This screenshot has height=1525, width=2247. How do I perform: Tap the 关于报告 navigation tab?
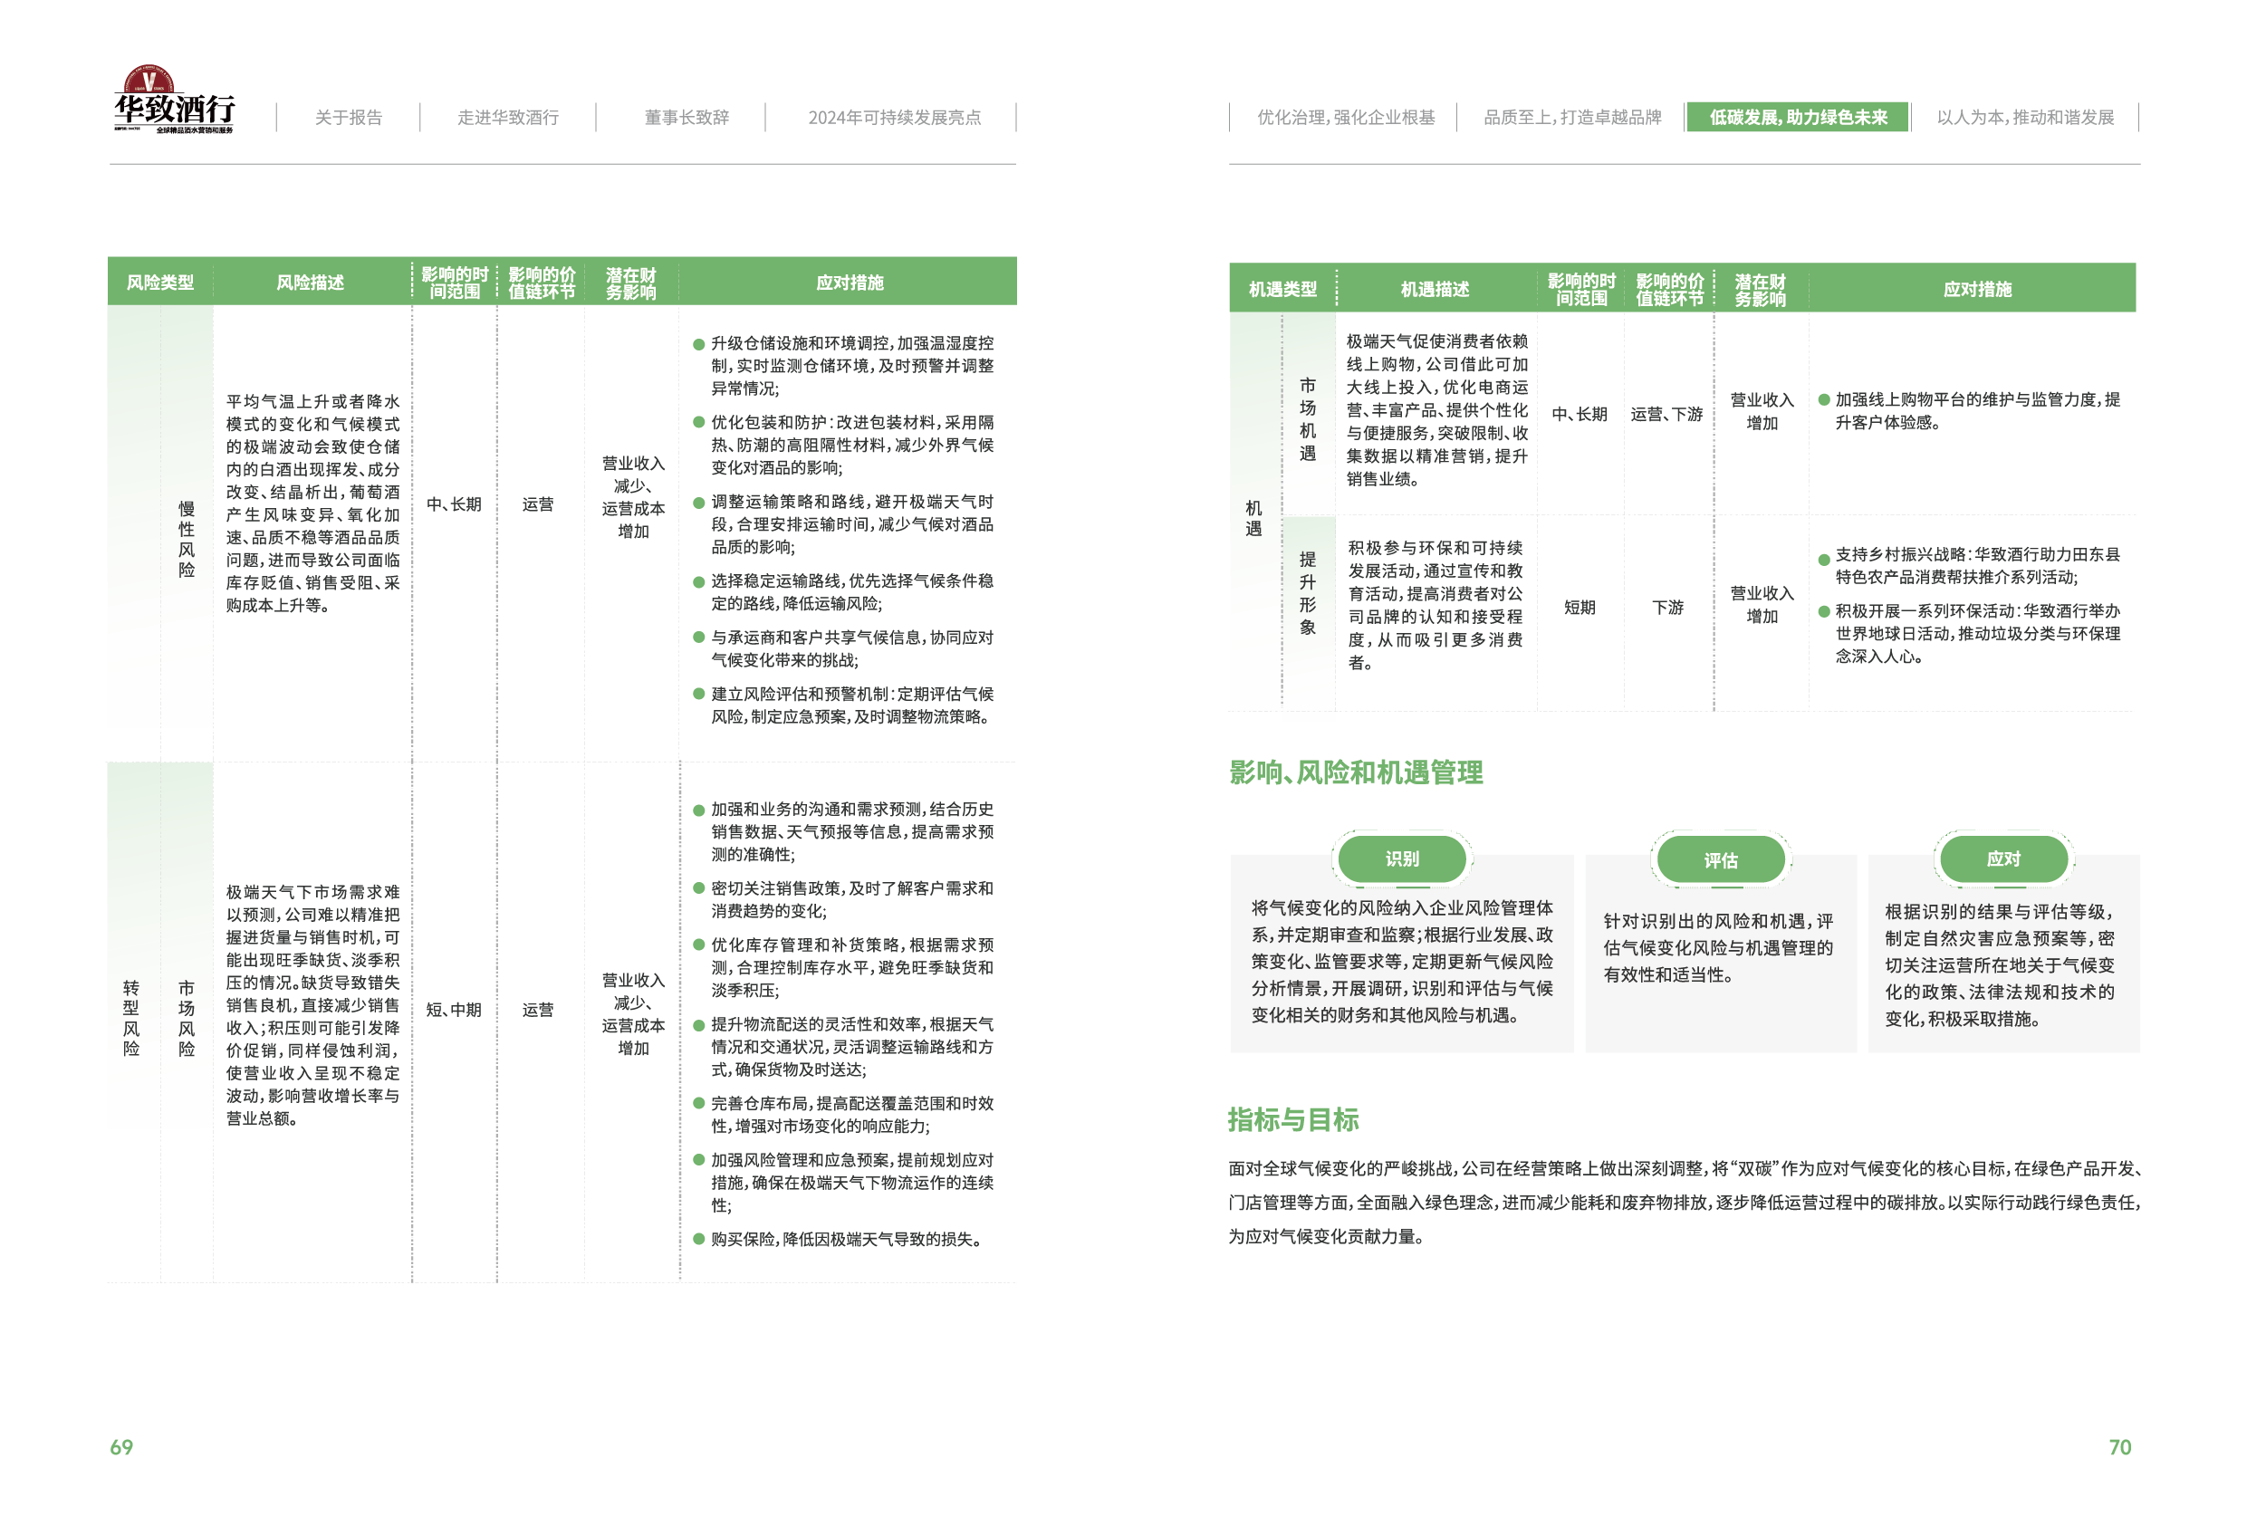tap(348, 117)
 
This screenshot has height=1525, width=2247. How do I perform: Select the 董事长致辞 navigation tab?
tap(687, 117)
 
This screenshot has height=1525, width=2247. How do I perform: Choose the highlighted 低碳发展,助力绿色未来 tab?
tap(1798, 117)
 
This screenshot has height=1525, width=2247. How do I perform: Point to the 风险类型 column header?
tap(160, 283)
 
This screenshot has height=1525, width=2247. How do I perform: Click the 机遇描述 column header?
tap(1435, 288)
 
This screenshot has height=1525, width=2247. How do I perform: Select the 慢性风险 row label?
tap(187, 539)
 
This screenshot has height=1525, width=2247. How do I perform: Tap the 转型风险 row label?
tap(131, 1018)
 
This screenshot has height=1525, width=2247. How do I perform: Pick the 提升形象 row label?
tap(1307, 593)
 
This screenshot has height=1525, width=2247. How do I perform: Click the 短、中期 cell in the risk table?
tap(454, 1010)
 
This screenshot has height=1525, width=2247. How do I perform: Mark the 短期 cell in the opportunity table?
tap(1579, 608)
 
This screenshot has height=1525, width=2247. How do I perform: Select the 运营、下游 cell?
tap(1666, 414)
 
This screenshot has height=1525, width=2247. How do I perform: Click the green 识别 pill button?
tap(1402, 858)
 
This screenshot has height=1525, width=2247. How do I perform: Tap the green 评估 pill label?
tap(1721, 859)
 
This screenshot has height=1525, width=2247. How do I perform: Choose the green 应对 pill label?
tap(2003, 858)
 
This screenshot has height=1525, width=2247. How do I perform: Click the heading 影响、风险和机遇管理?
tap(1356, 772)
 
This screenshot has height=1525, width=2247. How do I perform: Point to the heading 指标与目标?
tap(1292, 1120)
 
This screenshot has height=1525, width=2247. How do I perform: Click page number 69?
tap(122, 1447)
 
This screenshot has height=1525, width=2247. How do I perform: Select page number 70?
tap(2119, 1447)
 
